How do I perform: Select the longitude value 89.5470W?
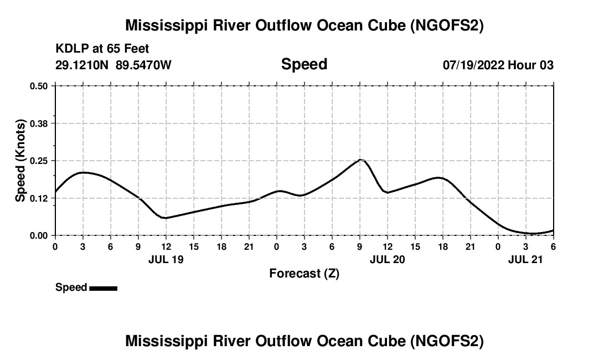(x=143, y=65)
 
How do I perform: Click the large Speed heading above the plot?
(x=304, y=64)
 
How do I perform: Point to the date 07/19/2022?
(x=473, y=65)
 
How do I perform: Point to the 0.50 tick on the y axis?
(x=39, y=86)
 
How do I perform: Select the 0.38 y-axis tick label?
(x=39, y=124)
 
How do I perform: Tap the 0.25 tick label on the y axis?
(x=39, y=161)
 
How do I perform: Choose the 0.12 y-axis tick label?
(x=39, y=198)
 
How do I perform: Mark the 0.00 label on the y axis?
(x=39, y=236)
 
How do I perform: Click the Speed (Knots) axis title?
(x=20, y=161)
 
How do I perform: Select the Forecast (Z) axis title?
(x=304, y=273)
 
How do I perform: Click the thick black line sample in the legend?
(x=103, y=288)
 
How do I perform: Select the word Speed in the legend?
(x=71, y=287)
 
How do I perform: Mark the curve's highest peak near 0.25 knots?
(x=360, y=160)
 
